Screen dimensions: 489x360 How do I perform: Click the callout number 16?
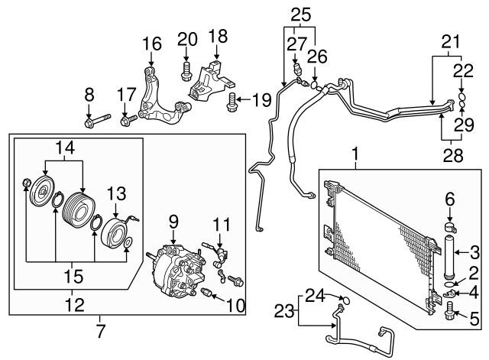click(x=152, y=44)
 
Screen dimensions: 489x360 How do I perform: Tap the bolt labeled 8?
click(x=97, y=120)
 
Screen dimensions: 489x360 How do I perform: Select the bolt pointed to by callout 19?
click(x=231, y=102)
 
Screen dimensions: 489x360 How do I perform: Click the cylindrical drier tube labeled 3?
click(x=449, y=256)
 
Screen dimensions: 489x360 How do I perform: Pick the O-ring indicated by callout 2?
click(x=449, y=284)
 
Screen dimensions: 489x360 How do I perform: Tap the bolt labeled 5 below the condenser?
click(x=449, y=311)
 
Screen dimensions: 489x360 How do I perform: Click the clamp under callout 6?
click(x=449, y=228)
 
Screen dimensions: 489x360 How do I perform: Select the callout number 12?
click(x=75, y=305)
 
